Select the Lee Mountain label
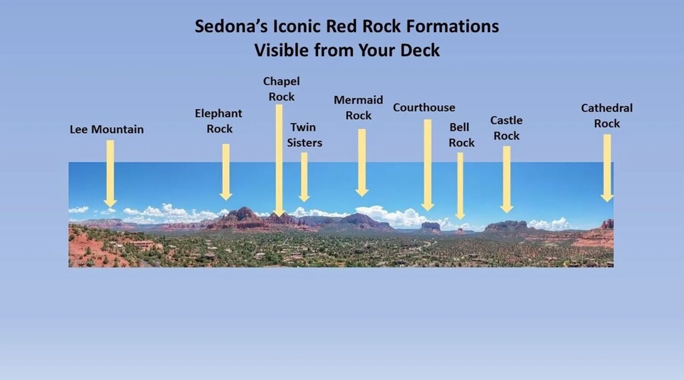point(106,129)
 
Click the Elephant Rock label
point(219,121)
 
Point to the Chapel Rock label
point(282,89)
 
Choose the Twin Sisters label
point(304,135)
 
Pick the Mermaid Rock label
point(358,108)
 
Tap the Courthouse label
point(424,108)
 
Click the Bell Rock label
point(461,135)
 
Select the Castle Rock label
point(507,128)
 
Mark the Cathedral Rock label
point(607,116)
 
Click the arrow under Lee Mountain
point(110,174)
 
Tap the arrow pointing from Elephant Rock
point(226,172)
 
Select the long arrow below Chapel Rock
point(279,161)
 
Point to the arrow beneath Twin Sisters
point(304,177)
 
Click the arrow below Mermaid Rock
point(362,163)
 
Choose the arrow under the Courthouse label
point(428,165)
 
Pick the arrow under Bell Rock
point(460,186)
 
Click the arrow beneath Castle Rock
point(507,180)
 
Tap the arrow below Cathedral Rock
point(607,168)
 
